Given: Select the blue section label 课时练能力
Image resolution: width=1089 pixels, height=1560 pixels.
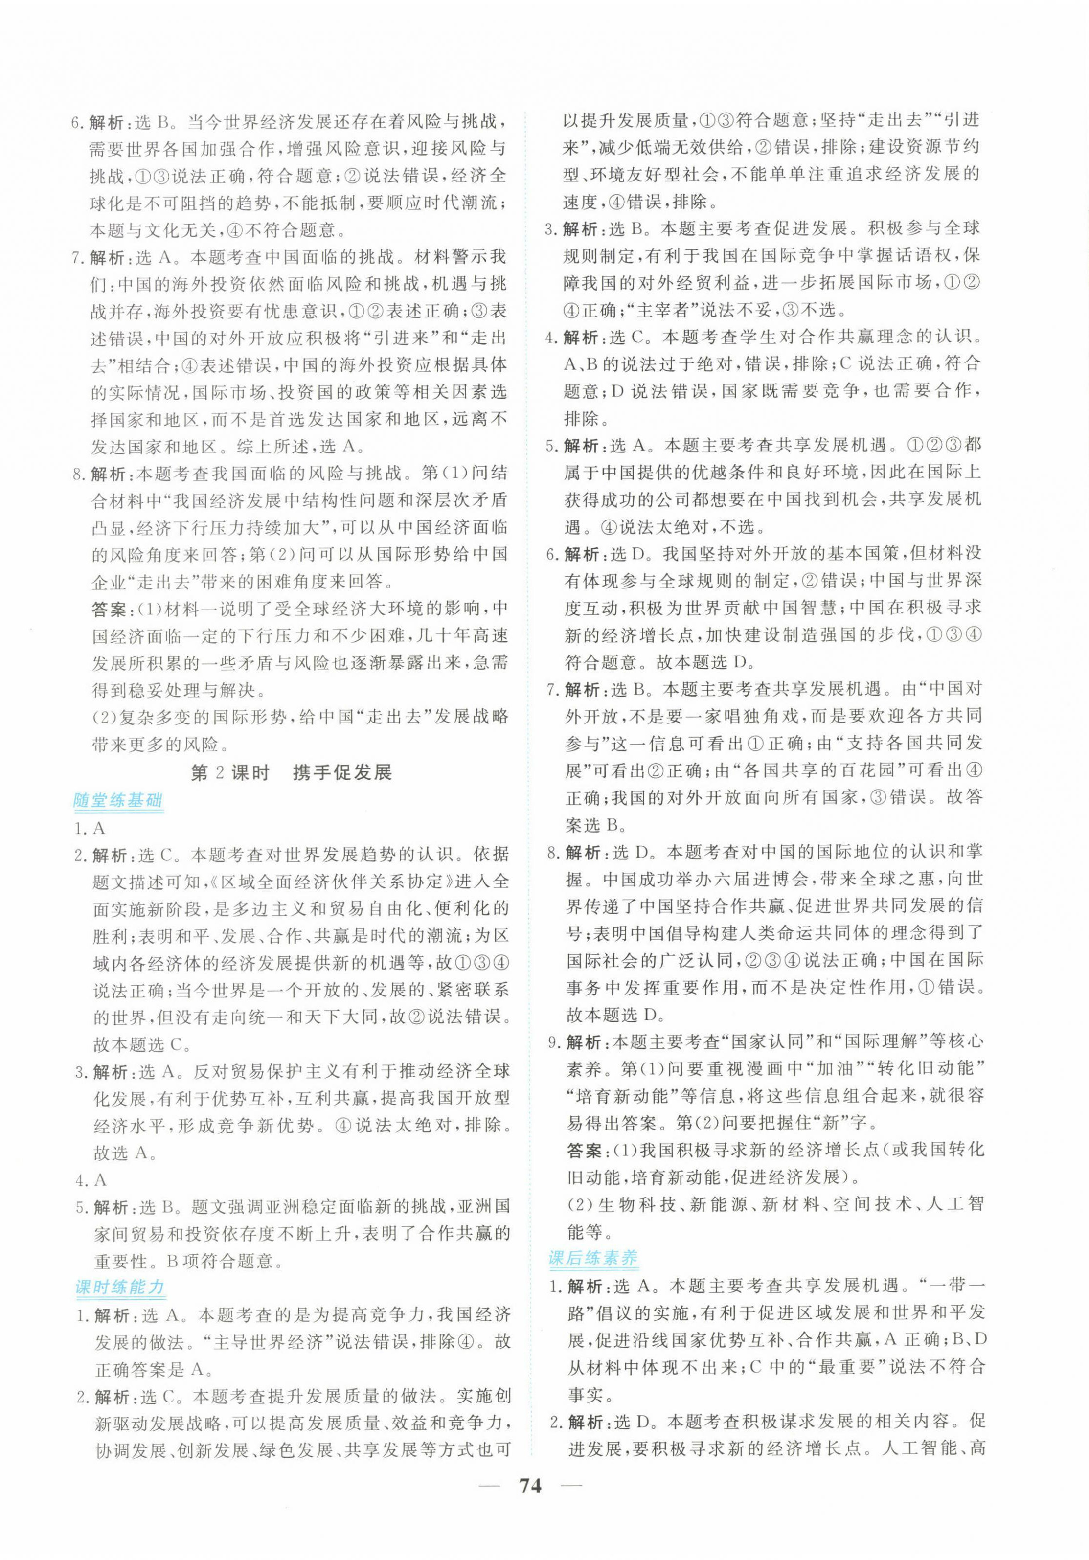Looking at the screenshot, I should (x=119, y=1287).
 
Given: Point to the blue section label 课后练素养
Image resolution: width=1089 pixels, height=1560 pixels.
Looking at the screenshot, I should (x=592, y=1258).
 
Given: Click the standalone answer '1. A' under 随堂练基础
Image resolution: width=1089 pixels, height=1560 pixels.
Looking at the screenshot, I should (x=90, y=828).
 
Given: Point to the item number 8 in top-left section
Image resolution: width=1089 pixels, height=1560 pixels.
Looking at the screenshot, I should (x=79, y=474).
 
